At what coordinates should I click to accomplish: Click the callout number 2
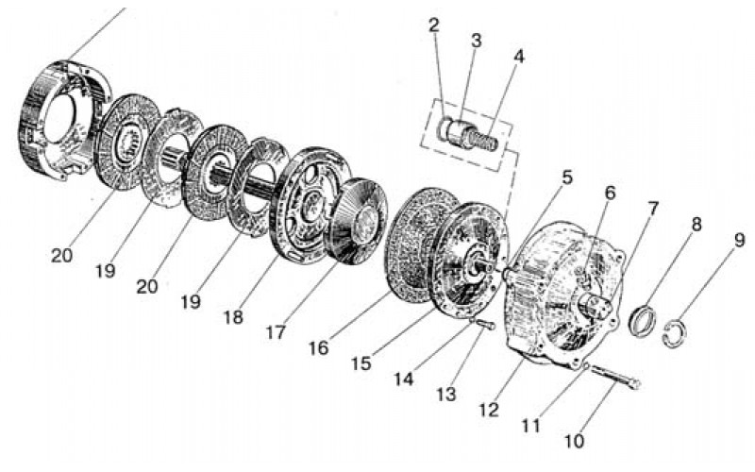pos(434,25)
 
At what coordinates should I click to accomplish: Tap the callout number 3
pos(476,41)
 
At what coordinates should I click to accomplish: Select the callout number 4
pos(518,57)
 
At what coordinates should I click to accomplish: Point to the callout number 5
pos(567,177)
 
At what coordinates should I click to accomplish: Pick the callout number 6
pos(610,194)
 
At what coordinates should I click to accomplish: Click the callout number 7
pos(652,209)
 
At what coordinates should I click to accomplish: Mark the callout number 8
pos(696,224)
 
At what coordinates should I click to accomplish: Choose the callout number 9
pos(739,241)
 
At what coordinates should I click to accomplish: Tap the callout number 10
pos(575,441)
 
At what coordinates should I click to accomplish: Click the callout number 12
pos(489,410)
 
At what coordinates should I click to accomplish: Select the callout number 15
pos(361,363)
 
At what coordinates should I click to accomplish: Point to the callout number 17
pos(276,332)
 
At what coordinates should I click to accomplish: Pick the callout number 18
pos(233,317)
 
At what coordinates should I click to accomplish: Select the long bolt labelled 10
pos(615,376)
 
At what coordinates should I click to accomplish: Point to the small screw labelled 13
pos(484,325)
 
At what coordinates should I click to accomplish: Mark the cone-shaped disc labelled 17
pos(356,223)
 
